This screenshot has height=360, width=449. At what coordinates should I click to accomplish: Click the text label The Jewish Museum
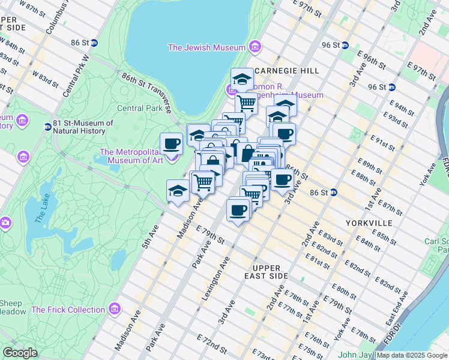pyautogui.click(x=206, y=47)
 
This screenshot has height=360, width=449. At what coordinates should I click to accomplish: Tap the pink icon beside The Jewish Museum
pyautogui.click(x=255, y=47)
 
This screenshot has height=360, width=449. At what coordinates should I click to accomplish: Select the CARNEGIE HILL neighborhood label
pyautogui.click(x=286, y=71)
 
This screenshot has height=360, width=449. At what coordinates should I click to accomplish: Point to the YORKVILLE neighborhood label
pyautogui.click(x=369, y=223)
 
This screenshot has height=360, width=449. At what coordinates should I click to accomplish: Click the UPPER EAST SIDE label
pyautogui.click(x=271, y=271)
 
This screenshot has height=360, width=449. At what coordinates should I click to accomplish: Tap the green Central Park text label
pyautogui.click(x=139, y=109)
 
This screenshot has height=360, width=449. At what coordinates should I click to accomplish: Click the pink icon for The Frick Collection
pyautogui.click(x=115, y=309)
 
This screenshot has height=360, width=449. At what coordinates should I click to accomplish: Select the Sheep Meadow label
pyautogui.click(x=12, y=307)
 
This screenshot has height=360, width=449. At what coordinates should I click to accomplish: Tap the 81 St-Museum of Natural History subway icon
pyautogui.click(x=47, y=127)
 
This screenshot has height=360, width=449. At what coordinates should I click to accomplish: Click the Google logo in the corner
pyautogui.click(x=20, y=353)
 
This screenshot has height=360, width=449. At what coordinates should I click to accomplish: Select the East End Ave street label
pyautogui.click(x=401, y=307)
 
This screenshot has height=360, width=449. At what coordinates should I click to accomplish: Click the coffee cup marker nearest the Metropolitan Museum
pyautogui.click(x=172, y=145)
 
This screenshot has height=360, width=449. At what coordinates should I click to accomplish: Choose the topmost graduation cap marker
pyautogui.click(x=242, y=79)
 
